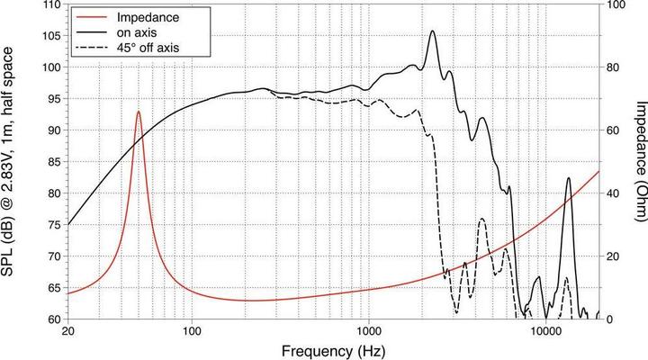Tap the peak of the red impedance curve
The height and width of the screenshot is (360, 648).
pyautogui.click(x=139, y=112)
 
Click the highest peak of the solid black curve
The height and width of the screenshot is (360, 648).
pyautogui.click(x=433, y=31)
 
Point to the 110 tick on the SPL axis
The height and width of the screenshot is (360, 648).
pyautogui.click(x=50, y=5)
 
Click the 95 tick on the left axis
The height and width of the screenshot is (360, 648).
pyautogui.click(x=53, y=99)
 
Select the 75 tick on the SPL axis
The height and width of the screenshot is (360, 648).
pyautogui.click(x=53, y=225)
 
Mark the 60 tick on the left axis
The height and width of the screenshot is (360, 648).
pyautogui.click(x=53, y=319)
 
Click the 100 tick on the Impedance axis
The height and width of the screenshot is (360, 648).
pyautogui.click(x=615, y=5)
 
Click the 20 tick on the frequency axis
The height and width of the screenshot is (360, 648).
pyautogui.click(x=68, y=332)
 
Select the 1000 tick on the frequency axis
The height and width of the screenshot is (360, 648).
pyautogui.click(x=368, y=332)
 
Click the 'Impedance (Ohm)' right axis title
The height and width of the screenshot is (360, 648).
pyautogui.click(x=635, y=161)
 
